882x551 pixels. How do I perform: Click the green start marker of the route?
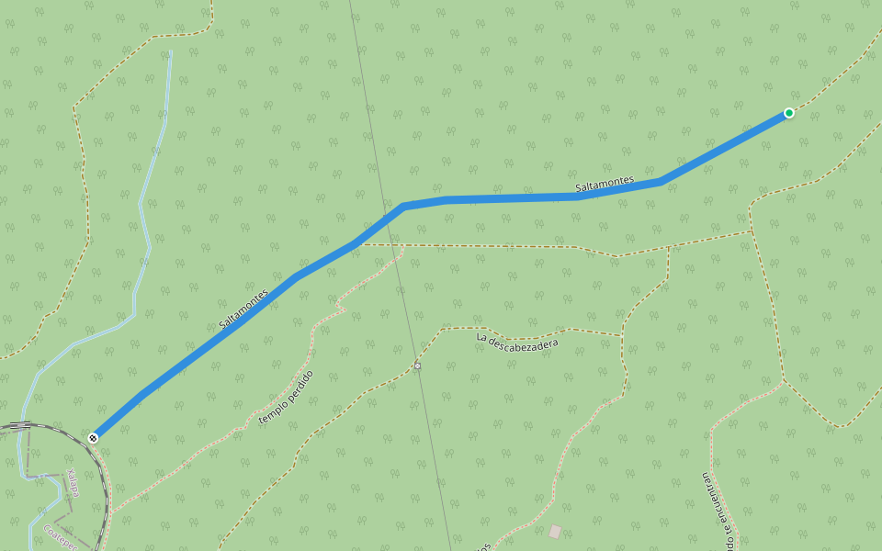788,113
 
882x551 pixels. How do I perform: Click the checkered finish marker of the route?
93,438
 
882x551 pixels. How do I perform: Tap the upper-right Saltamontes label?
605,184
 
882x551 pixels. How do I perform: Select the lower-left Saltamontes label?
243,309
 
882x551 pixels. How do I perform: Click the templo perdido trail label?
287,397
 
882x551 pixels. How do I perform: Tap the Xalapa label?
73,484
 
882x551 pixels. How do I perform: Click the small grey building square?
554,531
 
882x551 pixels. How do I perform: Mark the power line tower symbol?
417,365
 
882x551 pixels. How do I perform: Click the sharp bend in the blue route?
403,206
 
